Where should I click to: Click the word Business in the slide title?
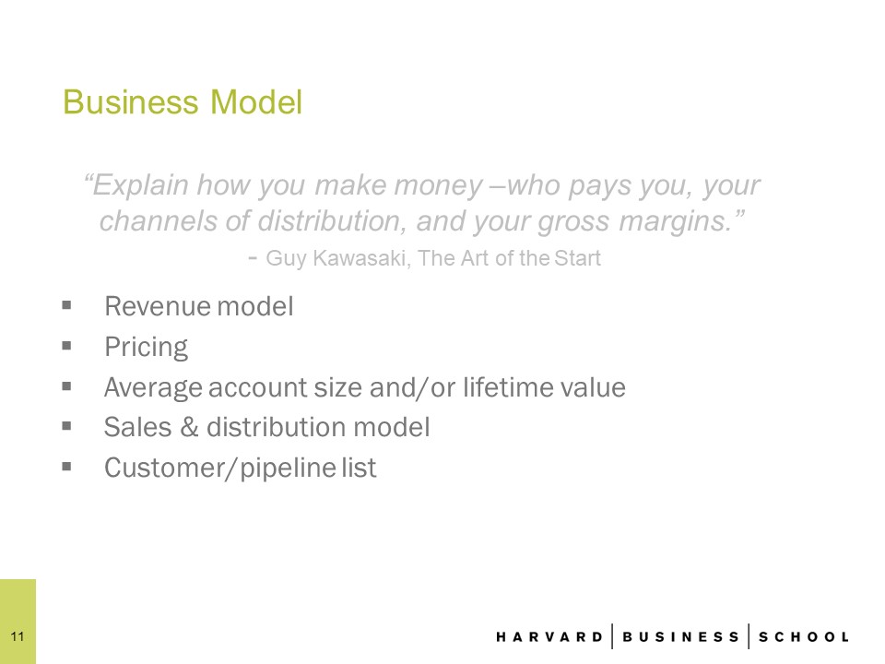130,101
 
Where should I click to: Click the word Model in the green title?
256,101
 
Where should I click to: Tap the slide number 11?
18,636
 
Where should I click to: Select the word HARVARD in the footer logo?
549,637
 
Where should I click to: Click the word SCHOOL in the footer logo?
804,637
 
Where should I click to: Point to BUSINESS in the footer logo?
680,637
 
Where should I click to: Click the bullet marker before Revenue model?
66,305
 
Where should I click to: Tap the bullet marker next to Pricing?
66,346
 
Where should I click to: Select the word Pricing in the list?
147,348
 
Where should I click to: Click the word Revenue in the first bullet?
157,306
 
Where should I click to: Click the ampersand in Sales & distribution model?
190,427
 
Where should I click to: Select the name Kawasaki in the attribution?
361,258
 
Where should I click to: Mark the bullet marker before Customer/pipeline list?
66,467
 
